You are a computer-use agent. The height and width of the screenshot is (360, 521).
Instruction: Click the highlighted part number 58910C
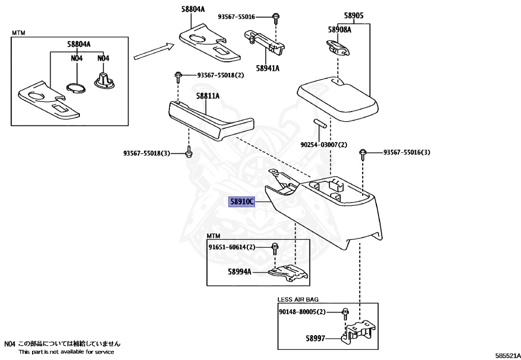(x=242, y=202)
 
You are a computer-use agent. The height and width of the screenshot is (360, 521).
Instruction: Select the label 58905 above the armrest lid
(x=354, y=15)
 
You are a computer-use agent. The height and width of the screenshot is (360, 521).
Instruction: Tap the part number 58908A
(x=339, y=30)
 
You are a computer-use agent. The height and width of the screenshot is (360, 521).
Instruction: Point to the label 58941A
(x=268, y=68)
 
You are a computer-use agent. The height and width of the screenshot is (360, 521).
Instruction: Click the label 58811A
(x=208, y=96)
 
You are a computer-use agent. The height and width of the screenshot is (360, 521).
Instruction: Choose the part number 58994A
(x=239, y=271)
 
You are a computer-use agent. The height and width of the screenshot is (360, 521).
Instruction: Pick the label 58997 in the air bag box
(x=315, y=339)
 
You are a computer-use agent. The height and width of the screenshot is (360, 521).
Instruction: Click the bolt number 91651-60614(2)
(x=232, y=247)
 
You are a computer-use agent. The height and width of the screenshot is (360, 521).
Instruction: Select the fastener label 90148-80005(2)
(x=302, y=312)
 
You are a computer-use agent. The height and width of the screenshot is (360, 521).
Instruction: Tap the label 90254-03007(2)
(x=324, y=145)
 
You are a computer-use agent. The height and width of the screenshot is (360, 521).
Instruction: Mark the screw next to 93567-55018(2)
(x=178, y=77)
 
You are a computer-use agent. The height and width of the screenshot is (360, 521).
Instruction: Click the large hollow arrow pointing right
(x=154, y=51)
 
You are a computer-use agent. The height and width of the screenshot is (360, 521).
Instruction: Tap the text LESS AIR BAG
(x=298, y=299)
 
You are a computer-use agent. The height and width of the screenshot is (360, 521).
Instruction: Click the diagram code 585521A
(x=508, y=355)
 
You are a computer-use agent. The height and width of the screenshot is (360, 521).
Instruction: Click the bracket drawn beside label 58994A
(x=288, y=273)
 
